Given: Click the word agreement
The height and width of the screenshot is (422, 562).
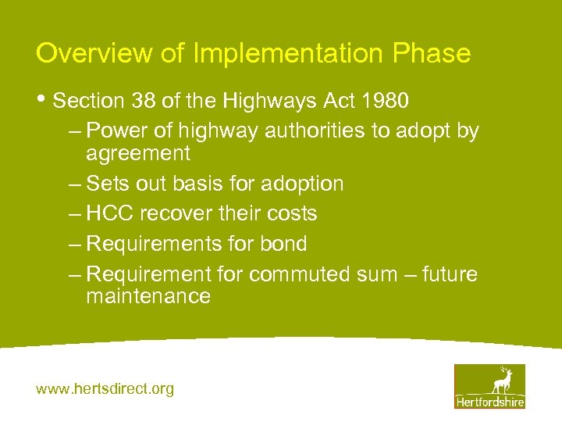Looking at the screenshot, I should [x=137, y=152].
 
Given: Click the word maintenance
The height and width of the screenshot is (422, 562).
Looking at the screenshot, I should [x=148, y=296].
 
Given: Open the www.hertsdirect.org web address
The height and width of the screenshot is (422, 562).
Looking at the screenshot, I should [x=105, y=388].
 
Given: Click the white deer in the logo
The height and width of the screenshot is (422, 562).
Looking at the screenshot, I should [x=501, y=380].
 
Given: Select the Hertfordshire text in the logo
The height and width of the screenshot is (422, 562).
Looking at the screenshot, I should [x=489, y=401].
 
